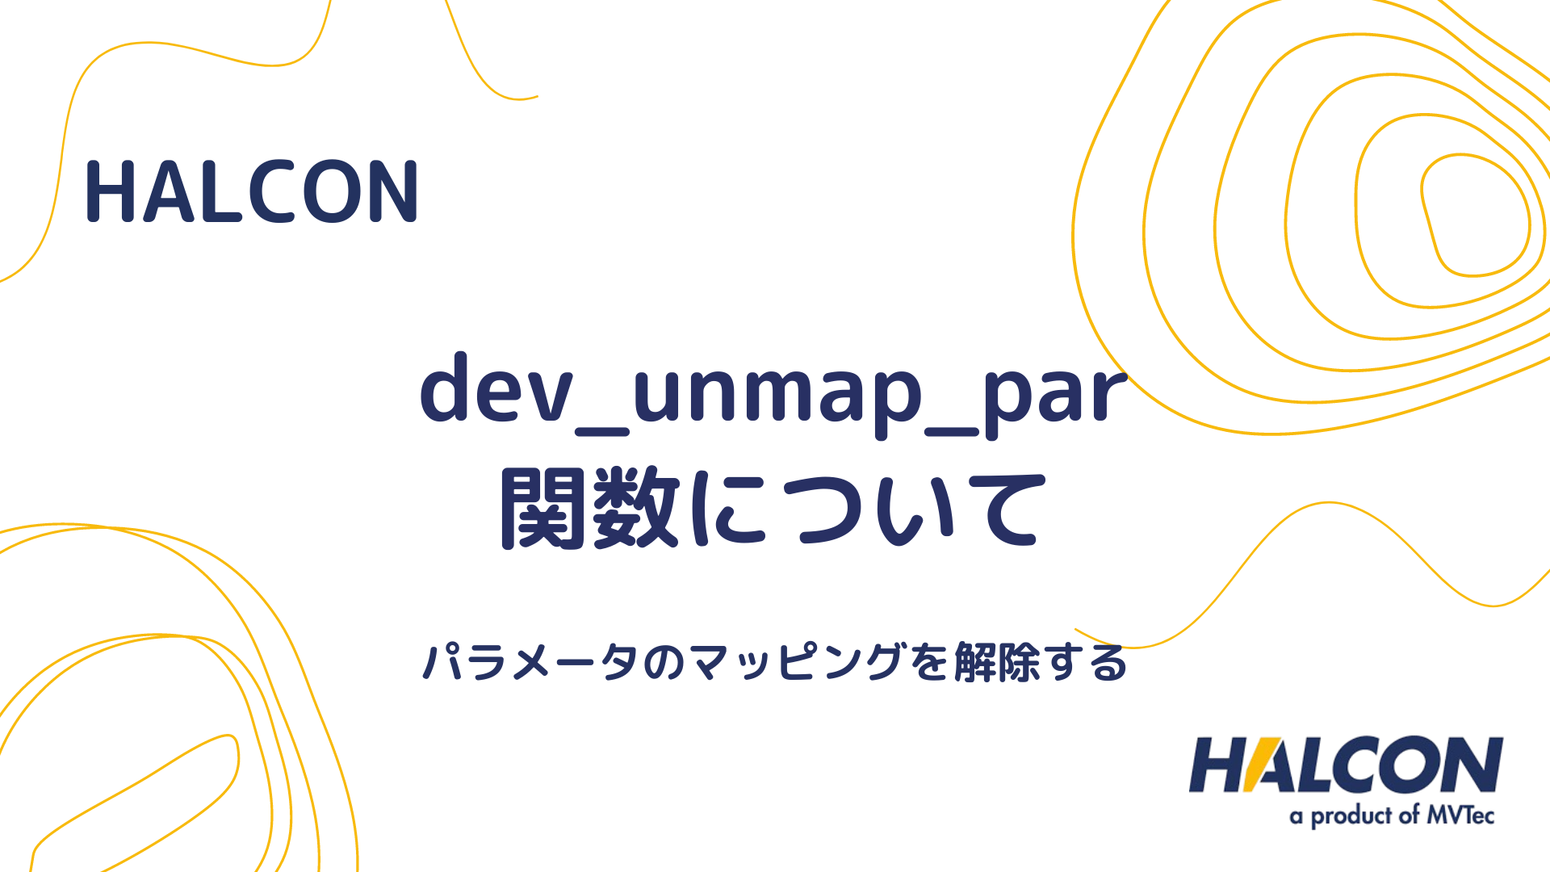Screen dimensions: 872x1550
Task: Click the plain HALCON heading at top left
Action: pyautogui.click(x=251, y=192)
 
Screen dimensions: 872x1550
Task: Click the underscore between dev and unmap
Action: pyautogui.click(x=601, y=431)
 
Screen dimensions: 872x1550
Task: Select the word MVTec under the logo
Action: pyautogui.click(x=1460, y=815)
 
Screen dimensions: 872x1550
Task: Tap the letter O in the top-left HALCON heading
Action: pyautogui.click(x=334, y=192)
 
